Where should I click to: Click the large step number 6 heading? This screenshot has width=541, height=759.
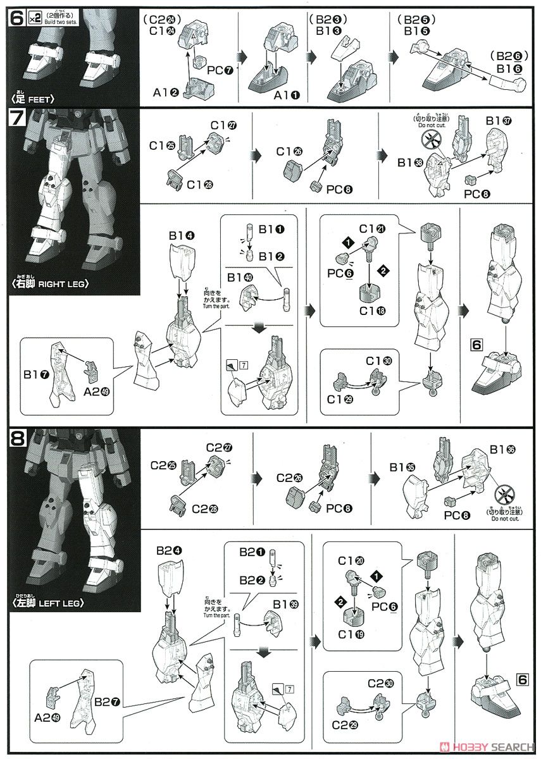pos(15,18)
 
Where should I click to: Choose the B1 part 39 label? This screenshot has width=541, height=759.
pos(285,586)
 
